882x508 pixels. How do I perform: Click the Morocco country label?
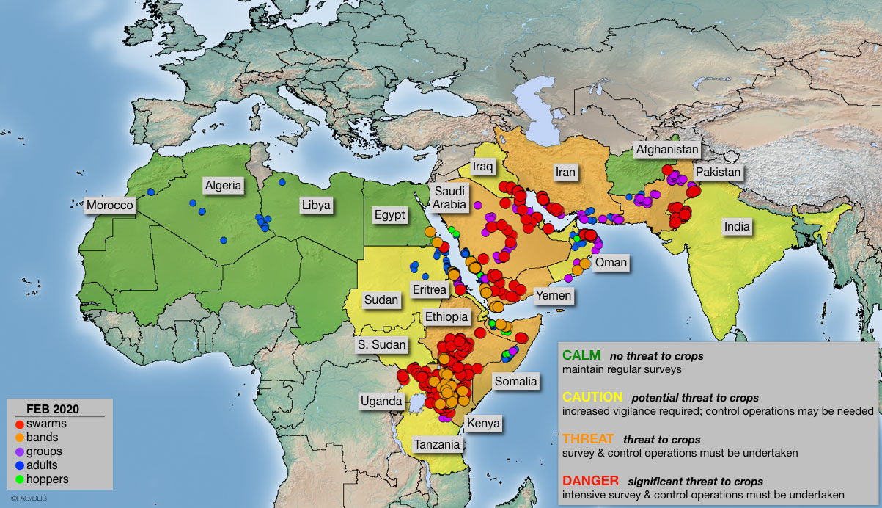109,205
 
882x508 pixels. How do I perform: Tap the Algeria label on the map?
223,185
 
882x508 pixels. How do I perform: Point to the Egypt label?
389,215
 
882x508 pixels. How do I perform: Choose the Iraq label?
483,166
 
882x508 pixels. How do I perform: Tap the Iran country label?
565,173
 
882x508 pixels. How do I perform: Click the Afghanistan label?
667,149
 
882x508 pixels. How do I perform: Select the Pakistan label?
719,173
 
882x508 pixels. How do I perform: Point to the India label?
737,226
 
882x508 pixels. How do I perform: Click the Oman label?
611,263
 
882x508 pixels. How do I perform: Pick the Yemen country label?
553,295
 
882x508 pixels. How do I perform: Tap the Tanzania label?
436,444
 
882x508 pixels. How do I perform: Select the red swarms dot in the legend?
20,424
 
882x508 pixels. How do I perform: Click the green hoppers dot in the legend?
20,479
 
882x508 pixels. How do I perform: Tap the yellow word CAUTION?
592,397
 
